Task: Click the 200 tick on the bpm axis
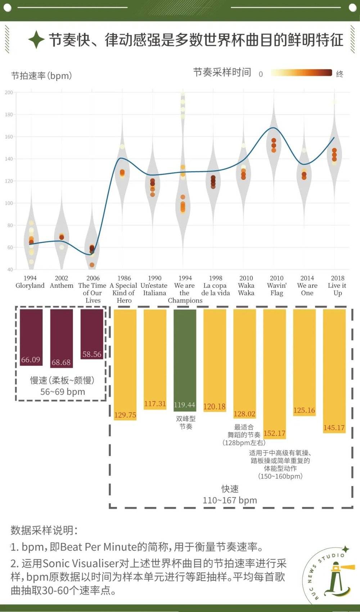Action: [9, 92]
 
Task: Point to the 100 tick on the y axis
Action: [9, 203]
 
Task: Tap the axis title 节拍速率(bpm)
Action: [41, 76]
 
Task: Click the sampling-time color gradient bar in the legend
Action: [301, 73]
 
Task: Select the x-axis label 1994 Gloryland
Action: [30, 282]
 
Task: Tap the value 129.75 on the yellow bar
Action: [125, 415]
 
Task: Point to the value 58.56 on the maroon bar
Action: [92, 354]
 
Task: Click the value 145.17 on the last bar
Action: [334, 428]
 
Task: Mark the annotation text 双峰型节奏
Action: [186, 423]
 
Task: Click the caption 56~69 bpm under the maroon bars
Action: [63, 392]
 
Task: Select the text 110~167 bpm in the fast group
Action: [230, 500]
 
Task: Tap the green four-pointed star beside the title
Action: [36, 40]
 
